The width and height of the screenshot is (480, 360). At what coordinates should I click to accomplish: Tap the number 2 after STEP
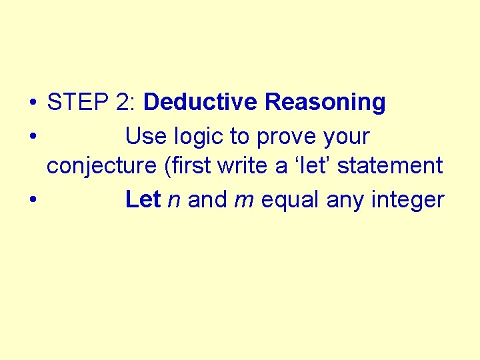(x=123, y=103)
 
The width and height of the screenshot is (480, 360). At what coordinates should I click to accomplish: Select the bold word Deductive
(x=200, y=103)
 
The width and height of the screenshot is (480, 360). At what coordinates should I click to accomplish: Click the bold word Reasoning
(x=325, y=103)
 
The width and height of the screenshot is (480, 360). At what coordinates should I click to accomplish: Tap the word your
(x=345, y=137)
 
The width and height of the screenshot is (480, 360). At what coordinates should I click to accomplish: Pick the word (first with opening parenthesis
(x=178, y=165)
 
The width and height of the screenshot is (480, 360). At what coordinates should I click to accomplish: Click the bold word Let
(x=143, y=199)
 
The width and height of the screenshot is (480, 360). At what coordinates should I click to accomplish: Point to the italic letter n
(x=175, y=200)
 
